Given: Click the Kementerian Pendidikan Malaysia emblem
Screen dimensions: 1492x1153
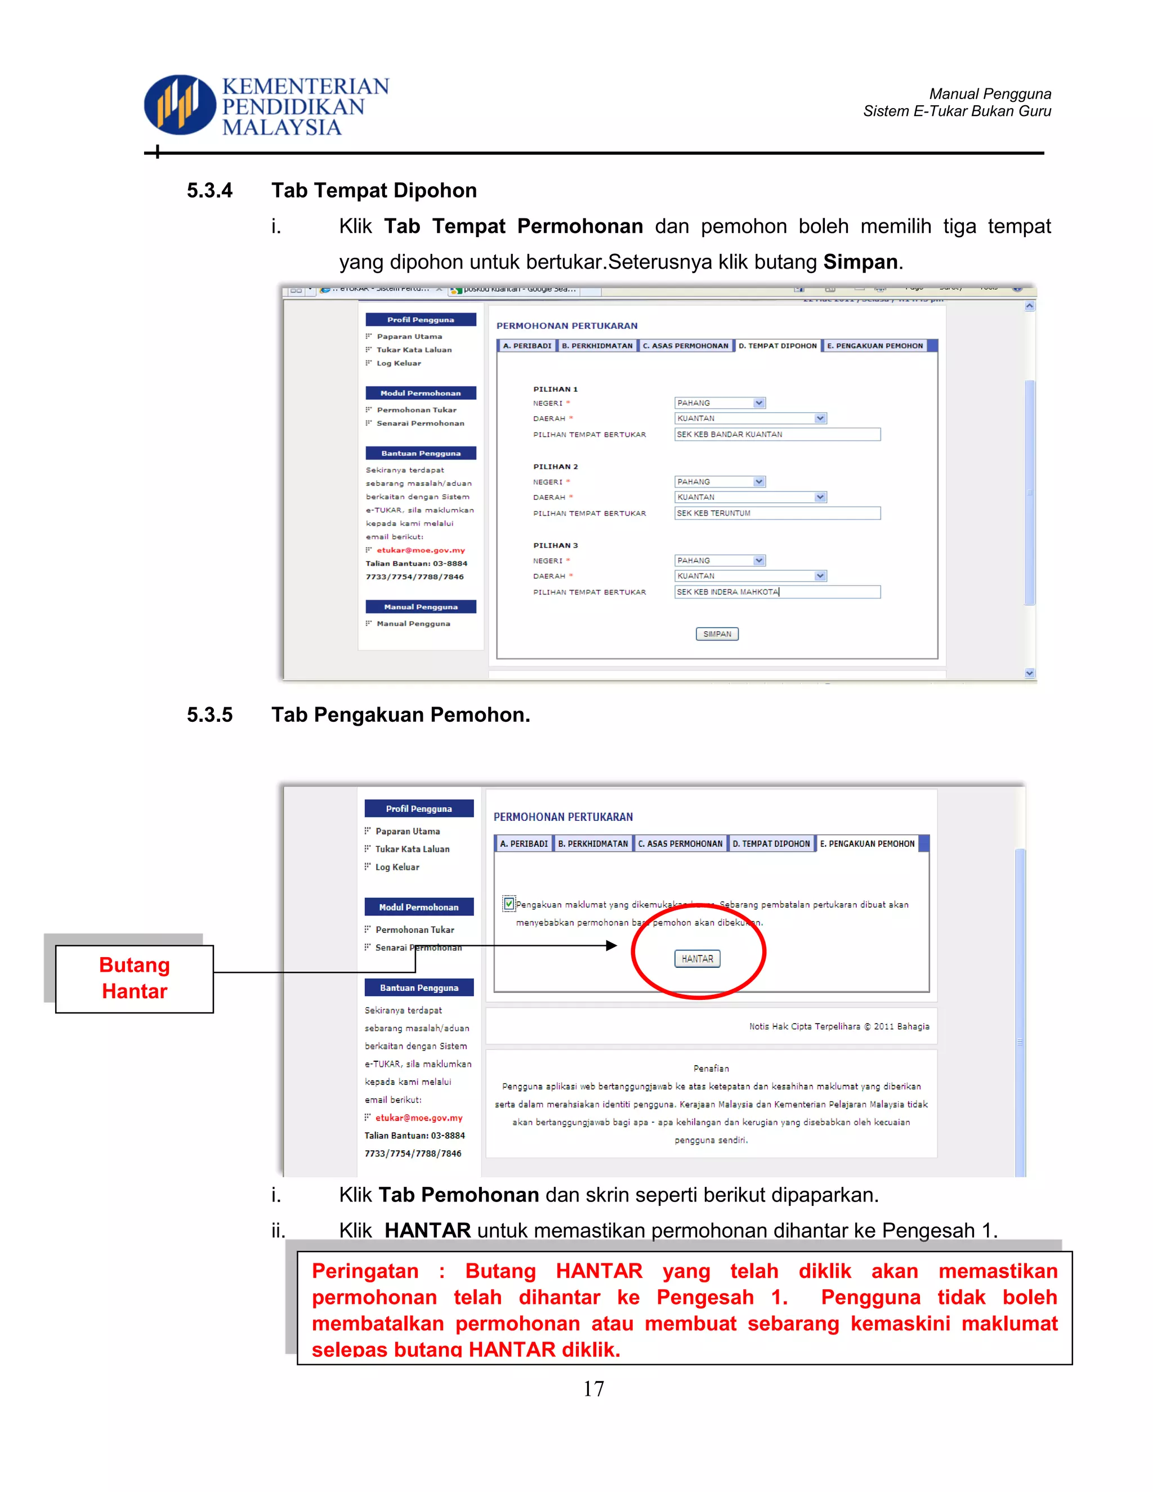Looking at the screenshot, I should coord(180,105).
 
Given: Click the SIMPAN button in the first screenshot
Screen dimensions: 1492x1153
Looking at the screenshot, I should coord(717,634).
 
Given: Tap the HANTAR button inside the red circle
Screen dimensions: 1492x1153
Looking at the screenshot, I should coord(697,958).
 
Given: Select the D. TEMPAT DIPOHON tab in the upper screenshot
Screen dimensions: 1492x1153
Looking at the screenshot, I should coord(776,346).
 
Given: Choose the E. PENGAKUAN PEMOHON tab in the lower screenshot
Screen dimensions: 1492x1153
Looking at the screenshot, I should coord(867,844).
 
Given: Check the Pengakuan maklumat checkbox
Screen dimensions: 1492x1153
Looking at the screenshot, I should coord(509,904).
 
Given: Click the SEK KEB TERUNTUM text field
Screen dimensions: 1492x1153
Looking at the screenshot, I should coord(776,513).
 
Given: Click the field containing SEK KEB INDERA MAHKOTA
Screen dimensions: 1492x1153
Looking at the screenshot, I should coord(776,592).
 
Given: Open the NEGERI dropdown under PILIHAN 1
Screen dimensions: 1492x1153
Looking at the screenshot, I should coord(720,403).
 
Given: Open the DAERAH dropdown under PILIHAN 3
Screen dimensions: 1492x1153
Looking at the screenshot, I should coord(750,576).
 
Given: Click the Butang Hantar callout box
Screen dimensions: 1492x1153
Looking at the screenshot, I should coord(135,979).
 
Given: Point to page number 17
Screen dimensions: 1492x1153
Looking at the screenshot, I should coord(593,1388).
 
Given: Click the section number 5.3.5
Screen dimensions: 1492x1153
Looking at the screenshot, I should coord(209,714).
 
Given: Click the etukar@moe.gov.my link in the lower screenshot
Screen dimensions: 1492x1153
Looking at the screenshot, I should coord(419,1118).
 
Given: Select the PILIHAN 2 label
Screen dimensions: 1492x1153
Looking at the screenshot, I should coord(555,467).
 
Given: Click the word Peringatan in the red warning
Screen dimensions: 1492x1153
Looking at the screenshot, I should coord(365,1271).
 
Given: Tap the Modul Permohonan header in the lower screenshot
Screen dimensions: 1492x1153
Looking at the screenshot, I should coord(419,907).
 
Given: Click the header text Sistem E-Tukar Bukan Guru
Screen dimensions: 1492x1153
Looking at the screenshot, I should coord(957,111).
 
